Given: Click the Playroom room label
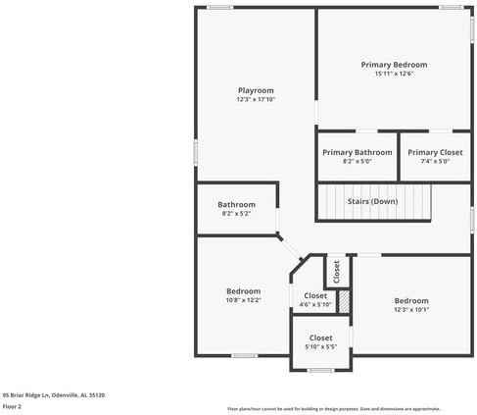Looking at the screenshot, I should [x=256, y=90].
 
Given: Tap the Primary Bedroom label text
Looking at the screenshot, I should [x=394, y=65].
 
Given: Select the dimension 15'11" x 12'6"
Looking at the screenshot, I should [x=394, y=74].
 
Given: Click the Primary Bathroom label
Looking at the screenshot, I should [x=357, y=152].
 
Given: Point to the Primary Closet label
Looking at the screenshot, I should [x=435, y=152].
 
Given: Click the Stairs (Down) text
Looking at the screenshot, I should [x=372, y=201].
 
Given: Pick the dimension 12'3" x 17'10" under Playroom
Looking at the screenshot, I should [x=256, y=99].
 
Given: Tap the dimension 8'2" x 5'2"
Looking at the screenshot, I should [x=236, y=213].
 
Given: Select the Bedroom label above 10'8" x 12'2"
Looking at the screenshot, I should [x=243, y=290].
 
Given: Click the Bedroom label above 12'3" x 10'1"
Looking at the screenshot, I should [x=411, y=300].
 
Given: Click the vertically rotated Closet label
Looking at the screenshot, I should [x=337, y=271].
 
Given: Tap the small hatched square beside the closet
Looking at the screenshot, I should [x=344, y=301].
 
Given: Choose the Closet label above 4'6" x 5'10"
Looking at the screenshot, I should [x=315, y=295].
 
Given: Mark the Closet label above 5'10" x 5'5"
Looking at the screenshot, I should [x=320, y=337].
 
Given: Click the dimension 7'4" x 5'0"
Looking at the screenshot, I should [x=435, y=161].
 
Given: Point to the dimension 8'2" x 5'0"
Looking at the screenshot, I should [x=357, y=161].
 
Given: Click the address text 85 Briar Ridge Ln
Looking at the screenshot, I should [x=54, y=394].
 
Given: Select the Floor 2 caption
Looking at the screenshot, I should [x=12, y=405].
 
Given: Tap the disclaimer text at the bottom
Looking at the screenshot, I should [x=334, y=408].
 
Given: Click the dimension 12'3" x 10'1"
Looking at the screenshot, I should [x=411, y=309].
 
